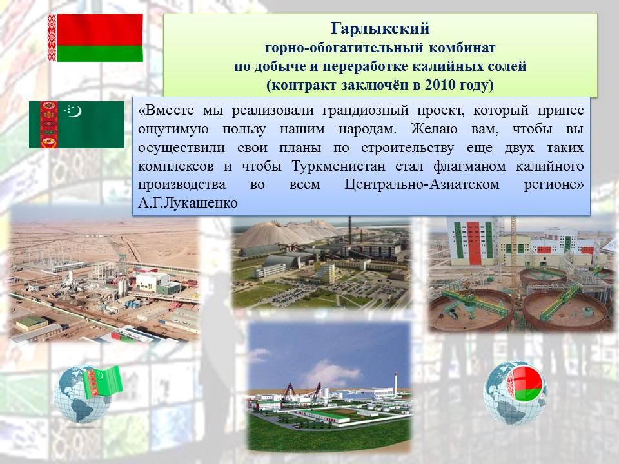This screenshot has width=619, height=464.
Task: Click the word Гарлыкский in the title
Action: point(380,28)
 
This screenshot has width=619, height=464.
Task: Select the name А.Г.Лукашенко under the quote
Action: point(188,203)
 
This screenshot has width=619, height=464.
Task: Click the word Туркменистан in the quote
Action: point(339,166)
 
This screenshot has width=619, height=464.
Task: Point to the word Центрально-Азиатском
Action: point(422,184)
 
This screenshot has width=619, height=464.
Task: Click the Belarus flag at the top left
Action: point(95,37)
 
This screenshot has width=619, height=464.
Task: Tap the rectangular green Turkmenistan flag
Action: point(77,124)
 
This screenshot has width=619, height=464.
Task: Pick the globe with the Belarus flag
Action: point(516,393)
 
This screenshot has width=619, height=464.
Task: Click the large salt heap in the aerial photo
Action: point(277,233)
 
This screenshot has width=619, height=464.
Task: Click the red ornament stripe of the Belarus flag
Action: point(52,37)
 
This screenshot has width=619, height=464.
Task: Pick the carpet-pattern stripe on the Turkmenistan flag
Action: point(48,124)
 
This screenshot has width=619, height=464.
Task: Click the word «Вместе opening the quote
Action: point(166,111)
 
